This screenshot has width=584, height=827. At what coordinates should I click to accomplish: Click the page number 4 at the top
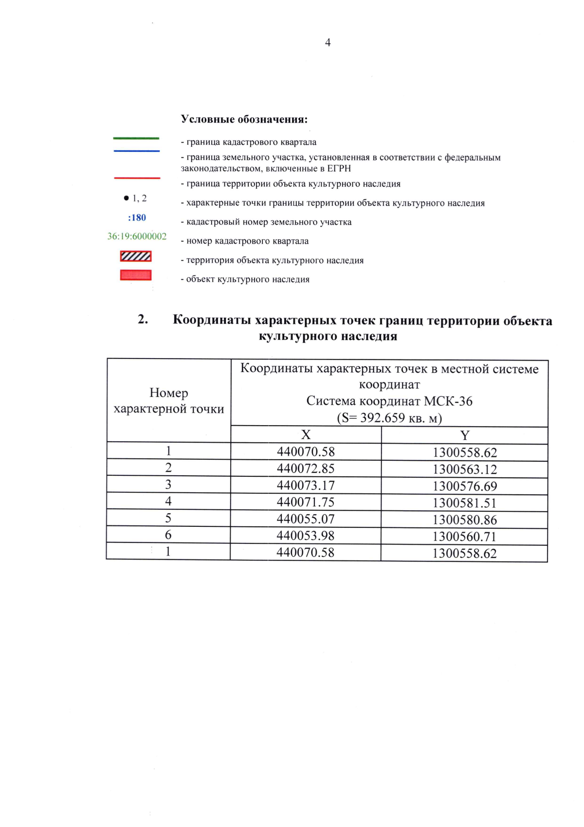pos(328,43)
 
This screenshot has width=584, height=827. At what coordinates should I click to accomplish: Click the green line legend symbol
pos(136,139)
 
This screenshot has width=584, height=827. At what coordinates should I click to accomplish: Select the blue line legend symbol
pos(136,151)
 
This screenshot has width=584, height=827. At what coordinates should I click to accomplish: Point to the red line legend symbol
pos(137,178)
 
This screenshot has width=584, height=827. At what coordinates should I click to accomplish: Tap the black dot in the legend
pos(127,198)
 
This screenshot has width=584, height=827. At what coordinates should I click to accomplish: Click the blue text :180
pos(137,217)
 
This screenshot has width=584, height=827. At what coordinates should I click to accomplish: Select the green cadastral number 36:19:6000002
pos(137,236)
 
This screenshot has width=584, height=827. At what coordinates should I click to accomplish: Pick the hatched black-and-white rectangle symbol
pos(136,256)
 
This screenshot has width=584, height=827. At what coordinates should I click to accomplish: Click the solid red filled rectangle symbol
pos(136,275)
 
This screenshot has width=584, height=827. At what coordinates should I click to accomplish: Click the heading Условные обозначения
pos(244,119)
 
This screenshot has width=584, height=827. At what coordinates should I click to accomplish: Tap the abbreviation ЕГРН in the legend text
pos(339,169)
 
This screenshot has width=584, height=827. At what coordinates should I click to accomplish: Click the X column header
pos(306,435)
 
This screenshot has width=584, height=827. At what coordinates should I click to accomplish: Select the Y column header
pos(465,435)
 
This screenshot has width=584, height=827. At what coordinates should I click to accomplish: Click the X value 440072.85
pos(306,468)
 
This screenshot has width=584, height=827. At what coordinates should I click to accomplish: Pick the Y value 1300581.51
pos(465,503)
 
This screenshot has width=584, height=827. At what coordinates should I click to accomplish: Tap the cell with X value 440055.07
pos(306,519)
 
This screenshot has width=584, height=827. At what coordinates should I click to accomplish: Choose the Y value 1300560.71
pos(465,537)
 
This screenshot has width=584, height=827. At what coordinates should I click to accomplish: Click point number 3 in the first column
pos(168,485)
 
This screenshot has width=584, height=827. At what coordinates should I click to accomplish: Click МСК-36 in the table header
pos(448,401)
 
